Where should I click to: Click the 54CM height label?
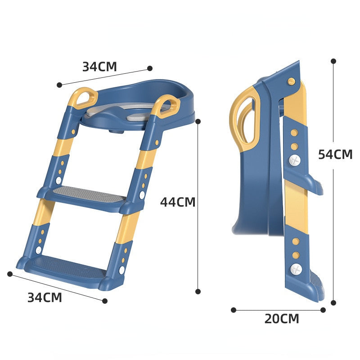pos(335,154)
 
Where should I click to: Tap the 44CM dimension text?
pos(178,202)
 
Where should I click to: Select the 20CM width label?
pos(281,319)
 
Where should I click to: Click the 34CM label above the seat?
pos(99,67)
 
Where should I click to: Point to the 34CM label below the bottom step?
pos(45,297)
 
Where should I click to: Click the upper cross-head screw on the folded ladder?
pos(294,160)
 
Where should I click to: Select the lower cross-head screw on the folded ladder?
pos(295,269)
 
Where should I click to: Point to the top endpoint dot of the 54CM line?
pos(333,61)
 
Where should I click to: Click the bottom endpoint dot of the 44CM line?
pos(198,292)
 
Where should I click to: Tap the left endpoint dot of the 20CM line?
pos(234,310)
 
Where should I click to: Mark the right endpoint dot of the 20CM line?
pos(323,310)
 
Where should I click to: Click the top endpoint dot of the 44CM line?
pos(198,121)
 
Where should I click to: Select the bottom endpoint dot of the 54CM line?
pos(333,303)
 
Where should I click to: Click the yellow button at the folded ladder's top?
pos(292,81)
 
